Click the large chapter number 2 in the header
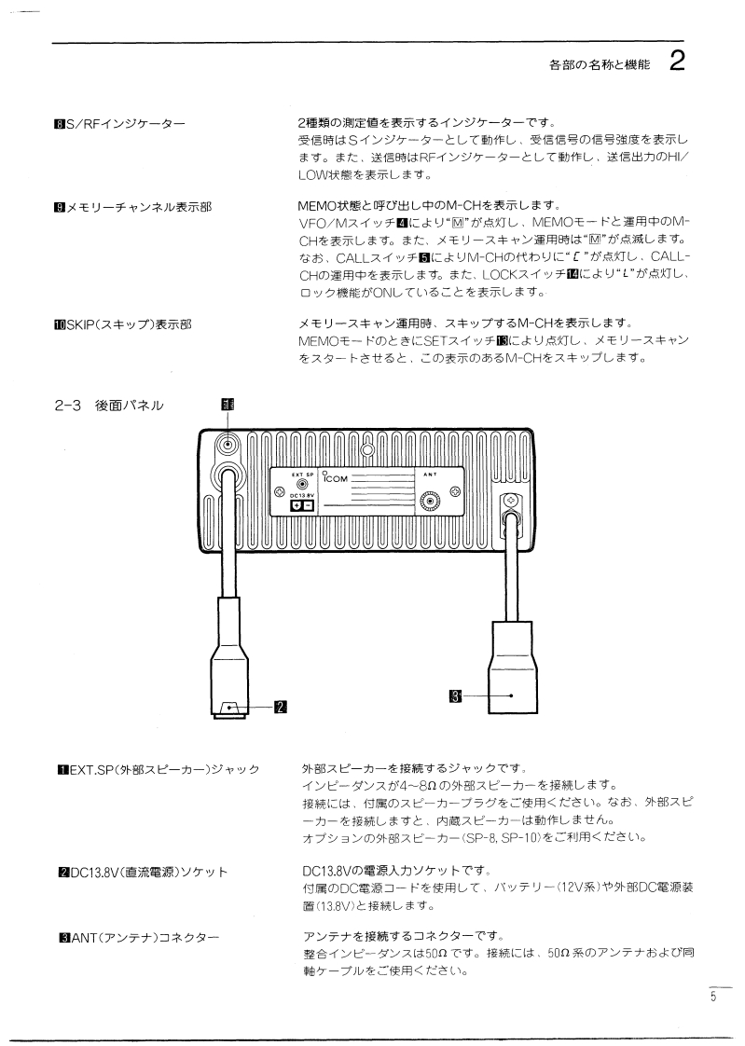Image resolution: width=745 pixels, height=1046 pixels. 678,63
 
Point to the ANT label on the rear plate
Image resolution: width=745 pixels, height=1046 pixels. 429,474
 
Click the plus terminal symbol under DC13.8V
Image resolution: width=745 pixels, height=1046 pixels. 297,504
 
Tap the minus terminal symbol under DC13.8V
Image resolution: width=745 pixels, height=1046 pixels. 309,504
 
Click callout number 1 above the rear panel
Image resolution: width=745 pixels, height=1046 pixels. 227,405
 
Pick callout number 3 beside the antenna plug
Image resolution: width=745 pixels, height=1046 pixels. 455,695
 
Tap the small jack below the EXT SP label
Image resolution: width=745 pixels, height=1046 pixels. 302,485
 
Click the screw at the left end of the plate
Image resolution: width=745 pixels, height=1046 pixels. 280,492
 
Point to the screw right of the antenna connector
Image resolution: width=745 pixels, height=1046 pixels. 456,492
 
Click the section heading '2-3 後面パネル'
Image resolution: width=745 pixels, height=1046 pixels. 109,405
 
